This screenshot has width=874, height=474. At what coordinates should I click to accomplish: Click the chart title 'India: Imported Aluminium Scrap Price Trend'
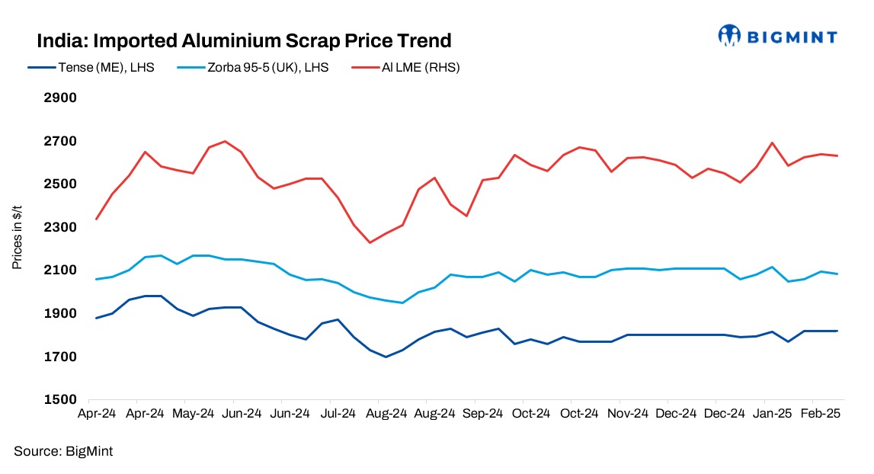tap(244, 40)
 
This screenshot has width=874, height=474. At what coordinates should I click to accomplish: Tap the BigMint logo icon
tap(730, 35)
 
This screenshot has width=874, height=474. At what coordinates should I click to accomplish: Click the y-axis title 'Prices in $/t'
tap(17, 238)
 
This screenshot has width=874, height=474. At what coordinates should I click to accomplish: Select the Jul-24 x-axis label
tap(338, 414)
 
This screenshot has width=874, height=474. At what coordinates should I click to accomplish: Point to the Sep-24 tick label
tap(482, 414)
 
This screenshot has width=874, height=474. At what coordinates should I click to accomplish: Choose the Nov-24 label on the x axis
tap(627, 414)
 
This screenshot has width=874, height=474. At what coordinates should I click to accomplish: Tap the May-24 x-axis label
tap(193, 414)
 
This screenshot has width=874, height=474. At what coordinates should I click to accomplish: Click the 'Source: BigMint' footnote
tap(63, 451)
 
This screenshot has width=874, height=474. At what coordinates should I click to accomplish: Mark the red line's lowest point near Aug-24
tap(370, 242)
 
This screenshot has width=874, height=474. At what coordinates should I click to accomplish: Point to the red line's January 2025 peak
tap(773, 143)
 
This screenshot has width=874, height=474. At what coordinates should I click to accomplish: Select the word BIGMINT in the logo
tap(792, 37)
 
